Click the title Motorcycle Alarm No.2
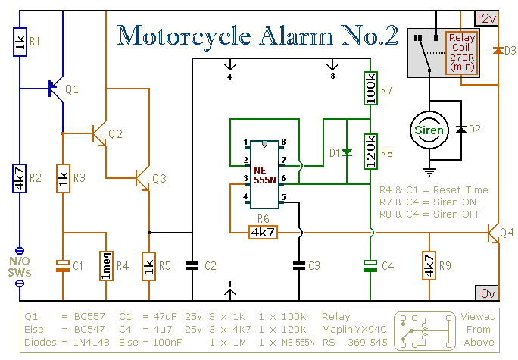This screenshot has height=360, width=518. [x=258, y=36]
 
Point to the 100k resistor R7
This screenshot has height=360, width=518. [x=370, y=88]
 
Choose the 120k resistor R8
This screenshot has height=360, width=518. [x=370, y=151]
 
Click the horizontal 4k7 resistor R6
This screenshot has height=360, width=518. [x=263, y=232]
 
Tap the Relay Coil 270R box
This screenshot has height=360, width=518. [x=461, y=52]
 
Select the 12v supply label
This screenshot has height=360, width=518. [x=485, y=17]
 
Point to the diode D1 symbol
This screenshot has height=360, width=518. [x=346, y=152]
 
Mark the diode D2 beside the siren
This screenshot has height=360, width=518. [x=460, y=130]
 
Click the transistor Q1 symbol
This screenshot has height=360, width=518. [x=55, y=89]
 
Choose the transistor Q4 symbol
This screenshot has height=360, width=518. [x=494, y=233]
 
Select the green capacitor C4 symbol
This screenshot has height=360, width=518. [x=370, y=265]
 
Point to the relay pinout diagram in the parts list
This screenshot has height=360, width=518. [x=423, y=330]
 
